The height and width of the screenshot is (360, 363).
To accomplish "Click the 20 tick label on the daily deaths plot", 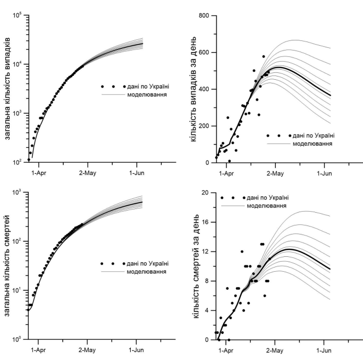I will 206,192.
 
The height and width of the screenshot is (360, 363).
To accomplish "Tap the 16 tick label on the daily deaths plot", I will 206,222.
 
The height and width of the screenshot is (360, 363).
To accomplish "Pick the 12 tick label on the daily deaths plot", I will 206,251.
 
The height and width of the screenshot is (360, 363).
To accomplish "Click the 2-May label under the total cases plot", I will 88,172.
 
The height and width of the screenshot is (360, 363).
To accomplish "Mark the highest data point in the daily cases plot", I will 264,56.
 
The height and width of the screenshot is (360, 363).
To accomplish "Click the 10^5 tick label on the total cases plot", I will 18,15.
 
